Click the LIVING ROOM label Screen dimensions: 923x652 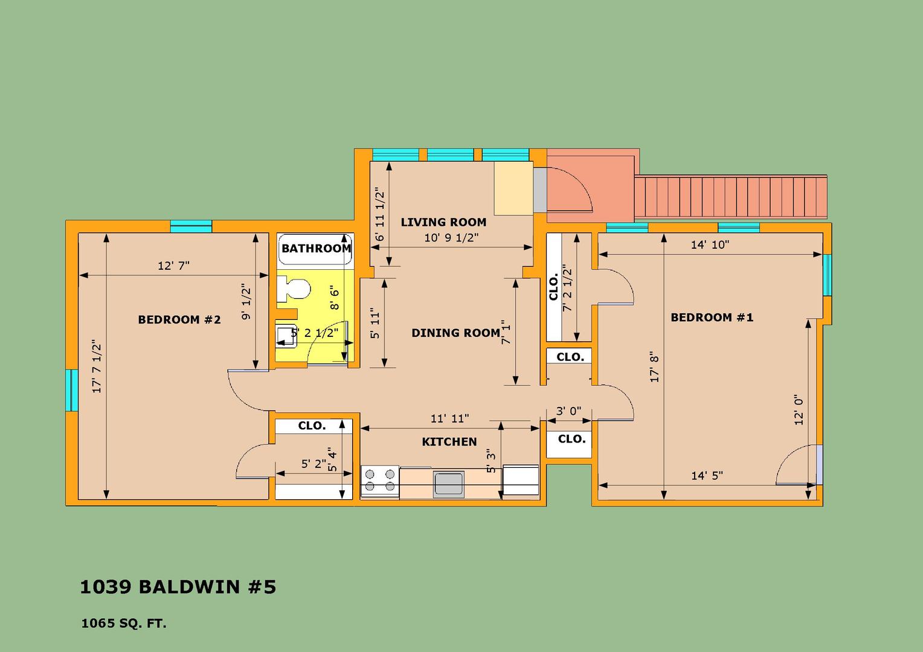click(443, 222)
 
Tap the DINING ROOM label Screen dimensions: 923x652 click(455, 333)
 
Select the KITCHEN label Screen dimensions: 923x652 click(449, 442)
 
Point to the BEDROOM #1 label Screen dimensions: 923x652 click(712, 318)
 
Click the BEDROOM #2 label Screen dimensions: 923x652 click(179, 319)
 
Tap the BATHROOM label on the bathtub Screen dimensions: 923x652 click(316, 248)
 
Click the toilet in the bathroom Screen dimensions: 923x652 click(294, 289)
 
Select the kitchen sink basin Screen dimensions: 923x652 click(448, 484)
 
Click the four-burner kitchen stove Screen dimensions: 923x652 click(380, 481)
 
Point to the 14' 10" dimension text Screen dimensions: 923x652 click(710, 245)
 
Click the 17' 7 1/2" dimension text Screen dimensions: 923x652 click(97, 366)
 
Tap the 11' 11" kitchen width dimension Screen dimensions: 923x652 click(449, 418)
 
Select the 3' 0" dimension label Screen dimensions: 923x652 click(568, 411)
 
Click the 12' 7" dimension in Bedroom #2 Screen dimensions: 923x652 click(173, 266)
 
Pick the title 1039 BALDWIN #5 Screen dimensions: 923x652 click(178, 587)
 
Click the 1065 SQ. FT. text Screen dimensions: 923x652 click(124, 624)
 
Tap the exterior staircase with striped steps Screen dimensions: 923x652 click(730, 197)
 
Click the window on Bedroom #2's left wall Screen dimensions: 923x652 click(72, 391)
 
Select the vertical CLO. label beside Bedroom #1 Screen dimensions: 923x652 click(554, 287)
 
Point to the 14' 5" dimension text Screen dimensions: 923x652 click(707, 476)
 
